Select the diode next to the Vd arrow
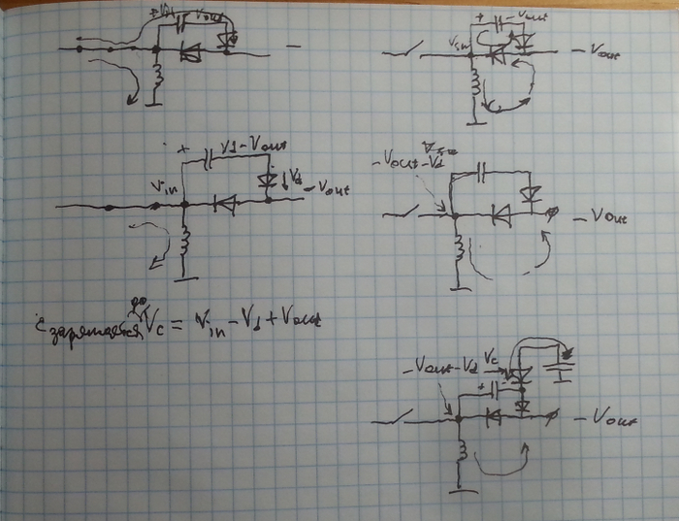point(268,180)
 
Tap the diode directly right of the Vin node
point(225,205)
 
